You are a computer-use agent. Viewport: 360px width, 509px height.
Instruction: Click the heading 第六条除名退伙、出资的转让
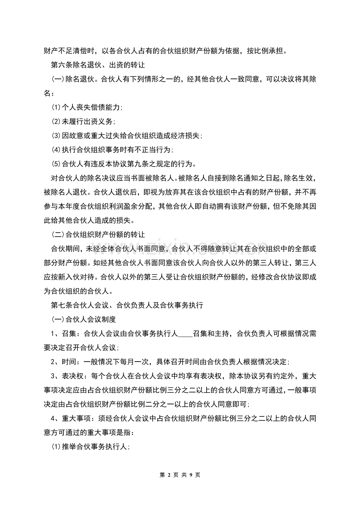(98, 65)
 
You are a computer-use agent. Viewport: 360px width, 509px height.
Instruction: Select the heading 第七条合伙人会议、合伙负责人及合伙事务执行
(127, 305)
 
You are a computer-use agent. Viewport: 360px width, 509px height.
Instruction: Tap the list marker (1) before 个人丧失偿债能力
(56, 107)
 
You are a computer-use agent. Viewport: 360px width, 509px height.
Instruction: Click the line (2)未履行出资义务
(83, 121)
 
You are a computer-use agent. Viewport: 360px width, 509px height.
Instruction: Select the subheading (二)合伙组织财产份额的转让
(98, 235)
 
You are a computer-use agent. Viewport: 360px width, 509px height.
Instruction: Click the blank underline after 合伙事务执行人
(185, 333)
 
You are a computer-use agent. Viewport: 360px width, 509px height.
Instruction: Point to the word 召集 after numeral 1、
(72, 333)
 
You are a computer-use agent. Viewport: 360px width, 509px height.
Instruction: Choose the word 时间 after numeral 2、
(72, 362)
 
